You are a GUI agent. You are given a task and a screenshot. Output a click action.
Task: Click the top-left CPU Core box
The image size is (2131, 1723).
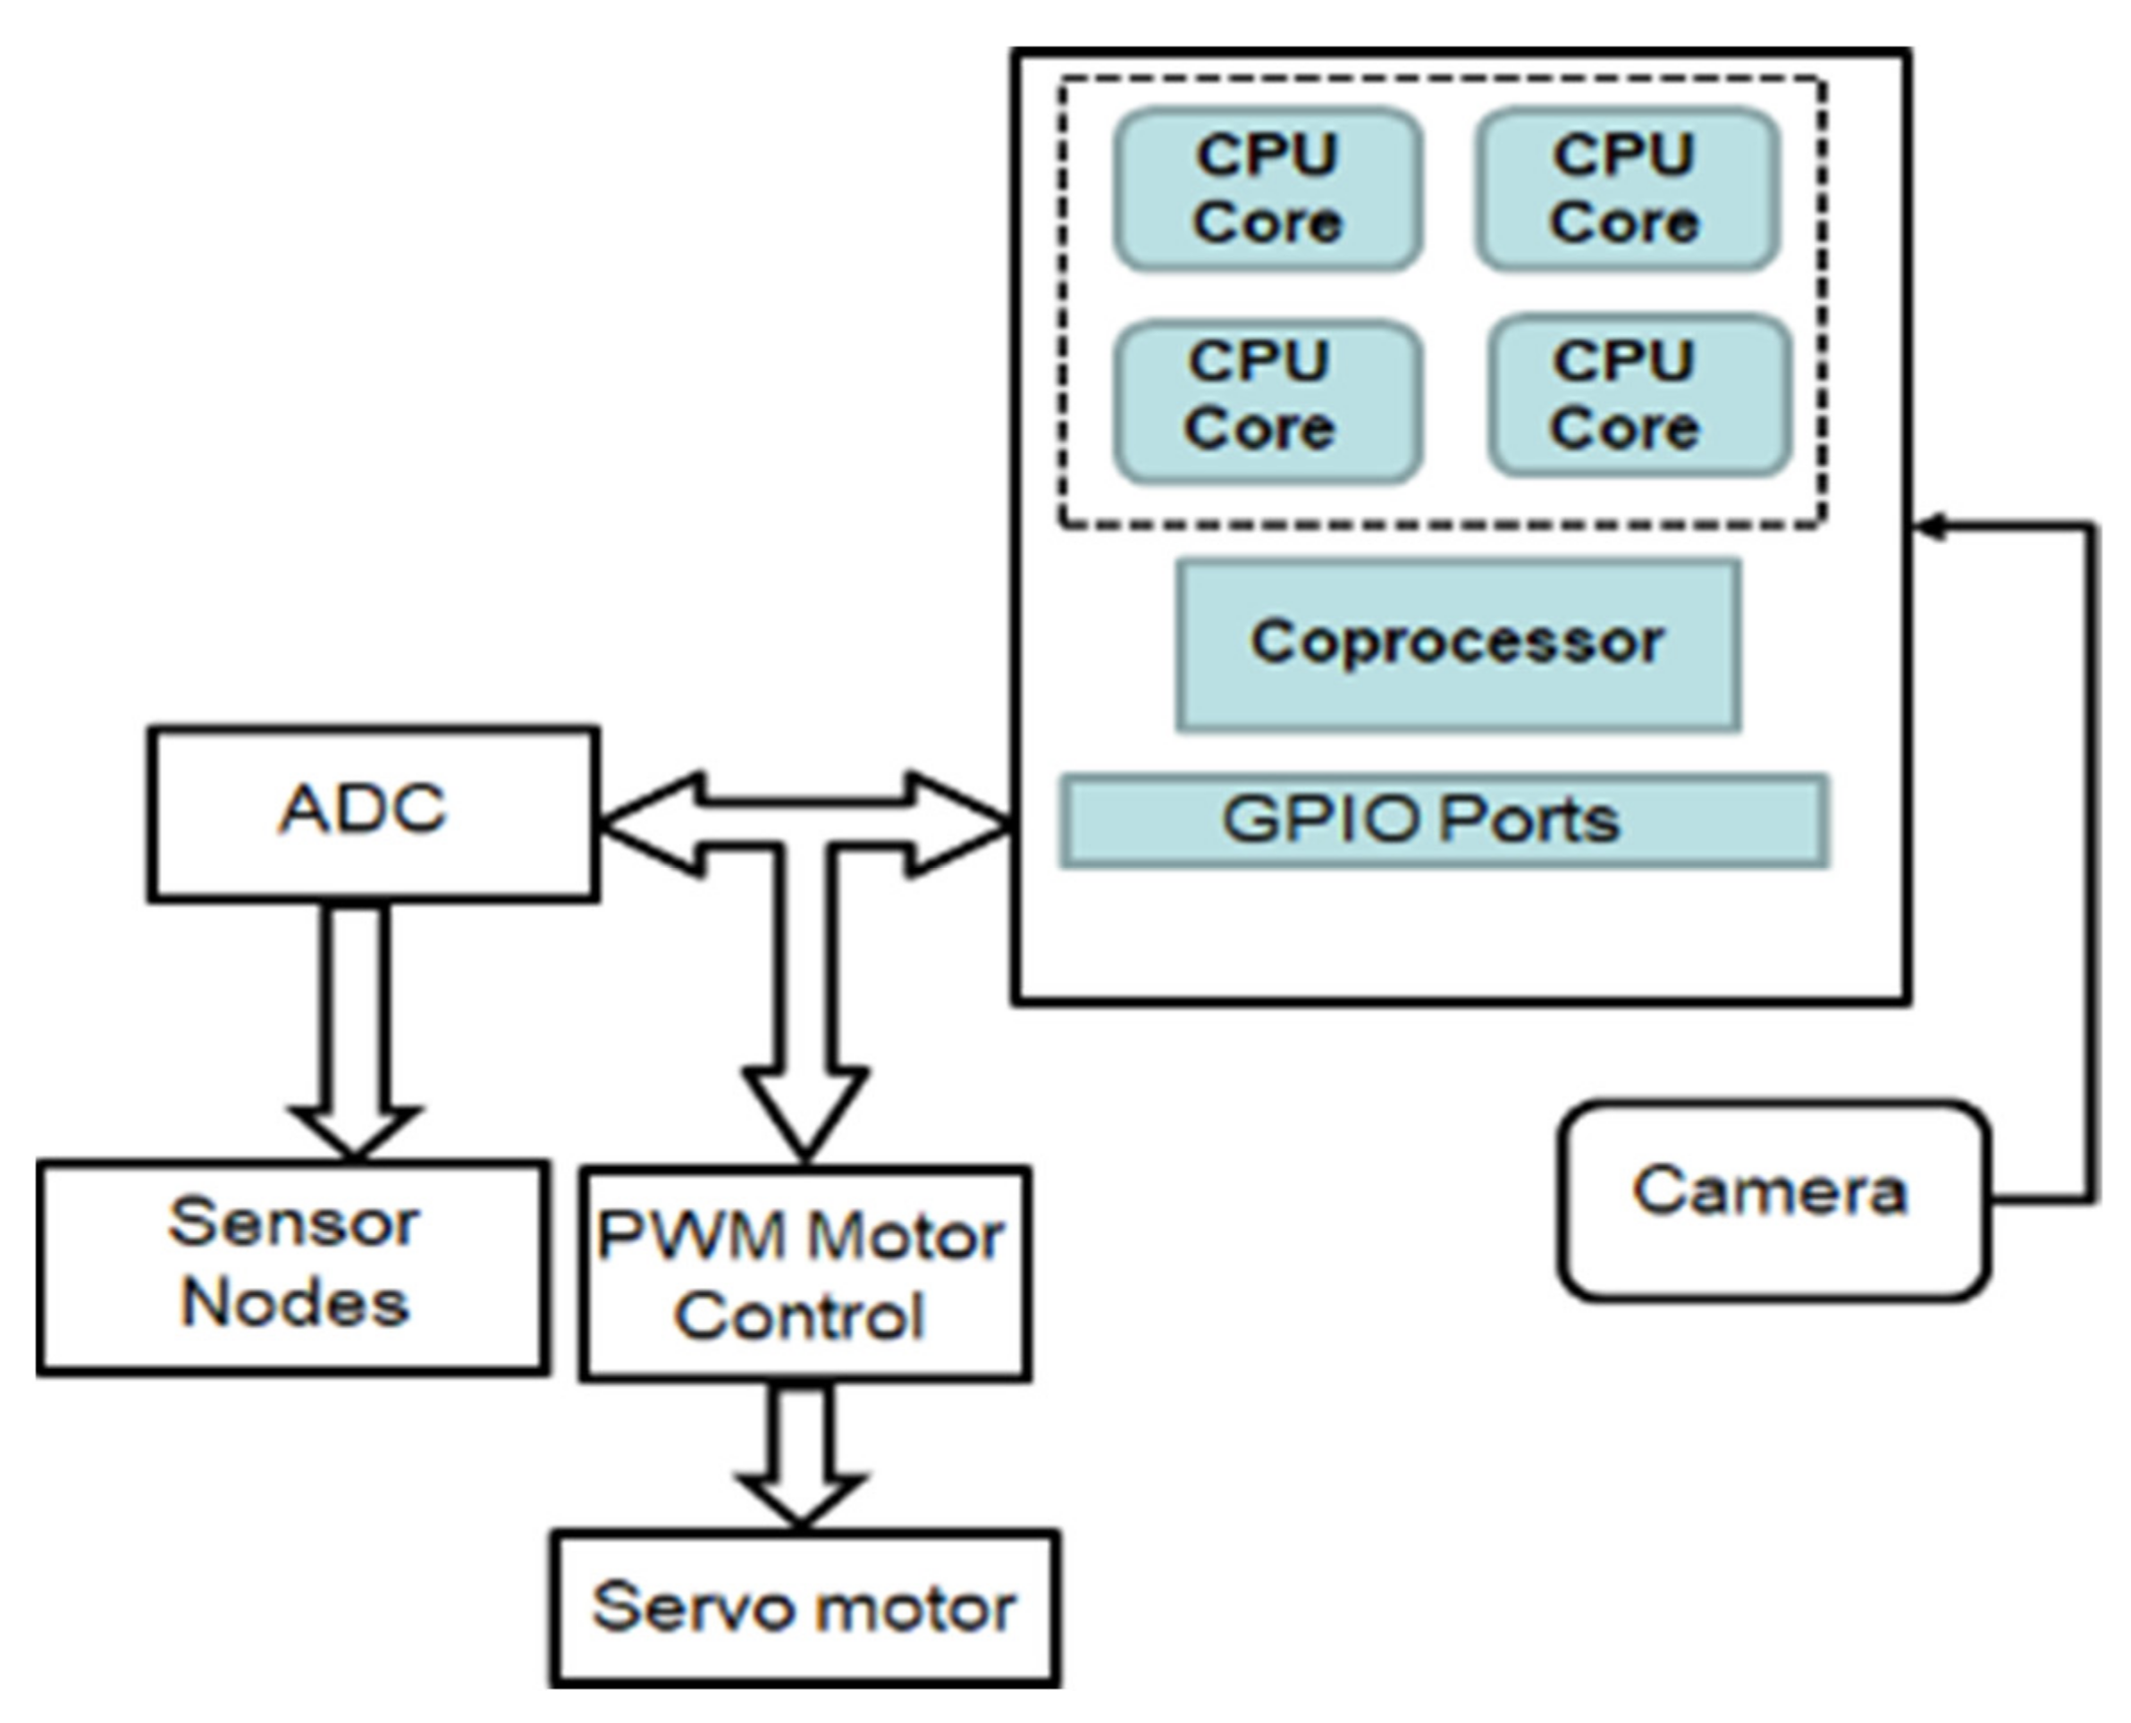click(1268, 189)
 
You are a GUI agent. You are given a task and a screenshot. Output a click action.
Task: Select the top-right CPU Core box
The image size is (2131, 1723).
click(1626, 189)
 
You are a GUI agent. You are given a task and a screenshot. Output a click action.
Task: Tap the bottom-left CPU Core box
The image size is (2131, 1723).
click(1268, 400)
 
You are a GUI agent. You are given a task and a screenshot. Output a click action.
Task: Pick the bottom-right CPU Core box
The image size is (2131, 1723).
click(1638, 395)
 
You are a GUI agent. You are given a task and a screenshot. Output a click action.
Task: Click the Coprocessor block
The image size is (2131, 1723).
click(1457, 644)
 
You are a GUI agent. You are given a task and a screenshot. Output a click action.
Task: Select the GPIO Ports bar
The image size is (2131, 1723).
click(1444, 820)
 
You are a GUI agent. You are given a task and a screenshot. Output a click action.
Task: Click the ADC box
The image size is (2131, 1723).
click(374, 814)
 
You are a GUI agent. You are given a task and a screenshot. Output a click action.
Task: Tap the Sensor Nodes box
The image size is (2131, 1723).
click(293, 1266)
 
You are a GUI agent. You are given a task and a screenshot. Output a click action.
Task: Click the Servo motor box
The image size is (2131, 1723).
click(804, 1609)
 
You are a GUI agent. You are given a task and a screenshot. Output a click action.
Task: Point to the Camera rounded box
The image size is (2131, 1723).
click(1773, 1200)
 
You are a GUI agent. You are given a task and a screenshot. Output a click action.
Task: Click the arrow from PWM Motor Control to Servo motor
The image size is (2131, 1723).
click(800, 1454)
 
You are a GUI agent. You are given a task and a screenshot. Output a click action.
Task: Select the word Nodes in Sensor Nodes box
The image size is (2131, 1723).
click(295, 1302)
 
